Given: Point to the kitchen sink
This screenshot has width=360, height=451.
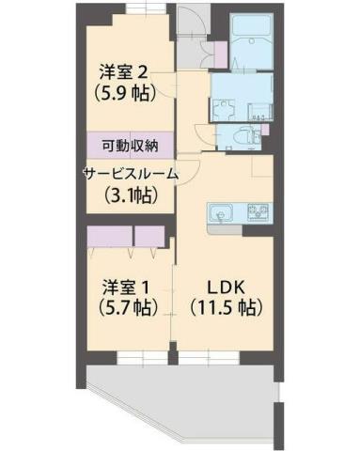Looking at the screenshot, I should click(x=219, y=210).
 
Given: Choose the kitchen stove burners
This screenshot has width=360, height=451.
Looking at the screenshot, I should click(x=258, y=211).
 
